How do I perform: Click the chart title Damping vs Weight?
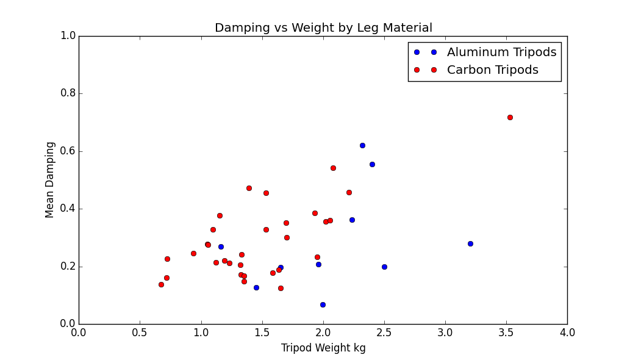click(323, 28)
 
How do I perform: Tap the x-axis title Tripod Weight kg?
click(323, 348)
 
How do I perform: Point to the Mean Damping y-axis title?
click(51, 179)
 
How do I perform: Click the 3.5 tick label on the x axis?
click(506, 333)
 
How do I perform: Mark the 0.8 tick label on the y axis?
click(68, 93)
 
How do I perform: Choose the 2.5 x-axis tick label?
click(384, 333)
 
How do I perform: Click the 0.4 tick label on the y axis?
click(68, 209)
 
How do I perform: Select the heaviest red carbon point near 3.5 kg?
click(510, 117)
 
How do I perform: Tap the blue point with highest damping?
click(362, 145)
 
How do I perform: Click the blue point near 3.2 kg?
click(470, 243)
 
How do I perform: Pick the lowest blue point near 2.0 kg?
click(323, 304)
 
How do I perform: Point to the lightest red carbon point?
click(161, 284)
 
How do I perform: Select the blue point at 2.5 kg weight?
click(384, 267)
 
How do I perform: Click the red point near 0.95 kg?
click(193, 253)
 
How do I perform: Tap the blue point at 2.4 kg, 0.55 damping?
click(372, 164)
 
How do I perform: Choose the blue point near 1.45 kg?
click(256, 287)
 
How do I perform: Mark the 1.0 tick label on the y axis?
click(68, 36)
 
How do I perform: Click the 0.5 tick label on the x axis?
click(140, 333)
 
